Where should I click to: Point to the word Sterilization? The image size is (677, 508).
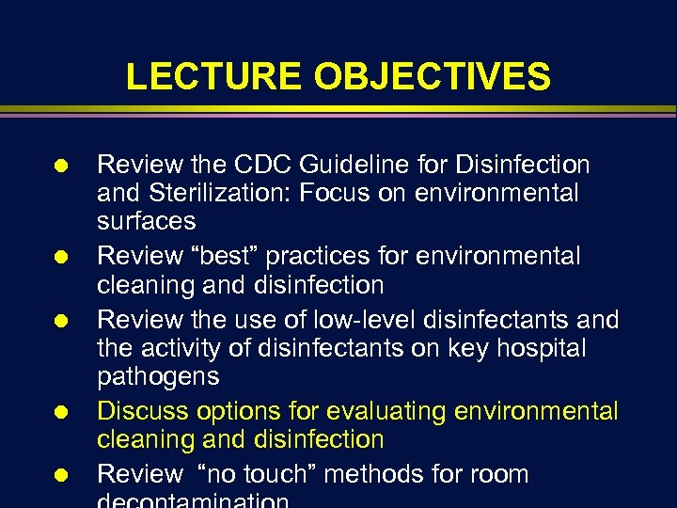212,194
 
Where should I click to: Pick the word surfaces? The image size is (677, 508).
147,222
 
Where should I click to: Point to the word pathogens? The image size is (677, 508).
158,377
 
